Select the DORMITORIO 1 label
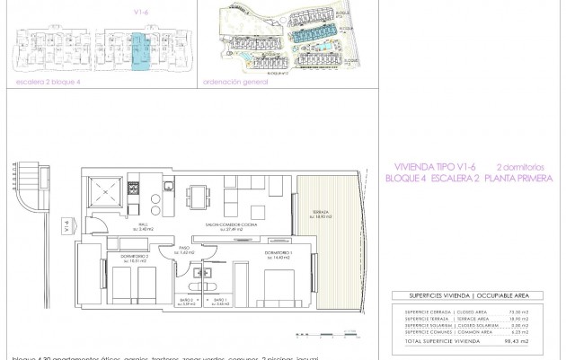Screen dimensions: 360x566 (279, 255)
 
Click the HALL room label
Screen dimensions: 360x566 (142, 228)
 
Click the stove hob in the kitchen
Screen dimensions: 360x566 (135, 190)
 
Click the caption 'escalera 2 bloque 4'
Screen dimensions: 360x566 (49, 81)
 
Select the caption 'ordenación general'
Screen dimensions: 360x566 (236, 81)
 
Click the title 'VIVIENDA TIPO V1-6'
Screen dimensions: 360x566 (434, 166)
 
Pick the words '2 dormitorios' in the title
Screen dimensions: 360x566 (520, 166)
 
